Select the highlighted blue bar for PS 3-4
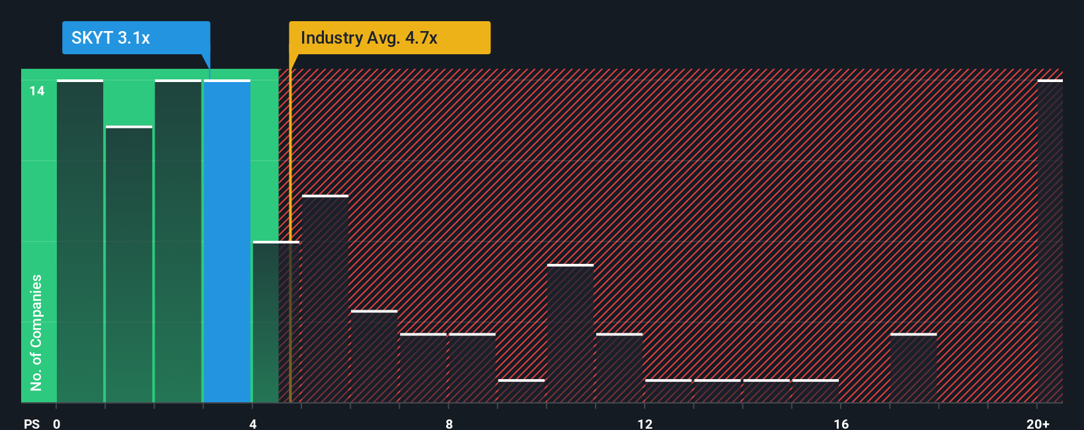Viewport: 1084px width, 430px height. (227, 241)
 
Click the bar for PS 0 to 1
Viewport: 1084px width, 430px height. (80, 241)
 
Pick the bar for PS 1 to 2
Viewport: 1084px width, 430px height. (129, 265)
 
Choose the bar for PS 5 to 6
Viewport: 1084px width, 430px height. (325, 299)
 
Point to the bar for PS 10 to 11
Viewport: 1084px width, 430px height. (570, 333)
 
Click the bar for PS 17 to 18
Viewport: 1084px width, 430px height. (913, 368)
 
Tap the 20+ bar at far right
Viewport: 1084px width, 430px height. (1050, 241)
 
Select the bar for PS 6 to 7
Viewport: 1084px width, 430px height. (374, 357)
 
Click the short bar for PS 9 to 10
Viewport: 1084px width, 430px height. (522, 391)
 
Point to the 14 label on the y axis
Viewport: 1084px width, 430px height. (37, 91)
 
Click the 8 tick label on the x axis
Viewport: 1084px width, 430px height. (449, 423)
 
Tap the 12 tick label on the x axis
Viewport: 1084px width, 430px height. (645, 423)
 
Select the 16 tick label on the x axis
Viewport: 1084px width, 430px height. (841, 423)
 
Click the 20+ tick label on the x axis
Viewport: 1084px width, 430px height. (1038, 423)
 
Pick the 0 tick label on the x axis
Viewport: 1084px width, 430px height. (57, 423)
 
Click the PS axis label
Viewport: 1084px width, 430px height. (32, 423)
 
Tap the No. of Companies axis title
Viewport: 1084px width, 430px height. (36, 332)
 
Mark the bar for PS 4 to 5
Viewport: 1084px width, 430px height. (276, 322)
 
